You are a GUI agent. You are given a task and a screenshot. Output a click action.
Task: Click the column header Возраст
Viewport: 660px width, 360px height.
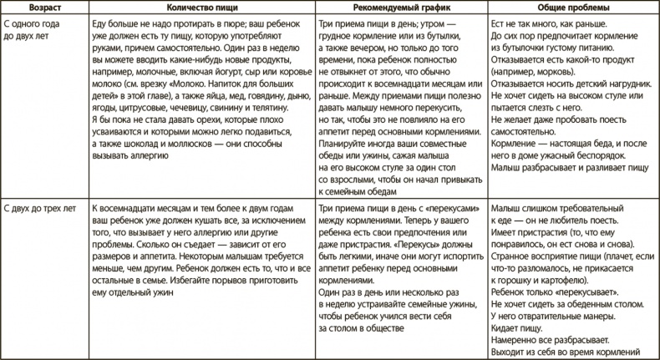(x=43, y=7)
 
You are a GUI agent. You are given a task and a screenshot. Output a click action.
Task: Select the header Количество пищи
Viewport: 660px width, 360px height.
(x=200, y=7)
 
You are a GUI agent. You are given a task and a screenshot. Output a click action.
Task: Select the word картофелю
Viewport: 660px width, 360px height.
(x=576, y=282)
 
